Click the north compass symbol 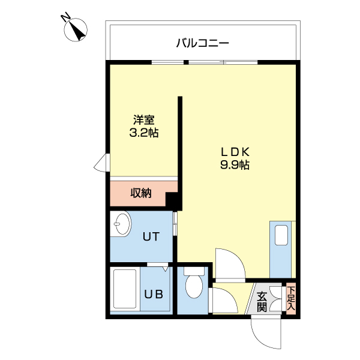point(76,29)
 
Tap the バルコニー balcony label point(203,43)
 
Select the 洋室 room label point(144,119)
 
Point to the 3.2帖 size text point(144,133)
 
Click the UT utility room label point(150,236)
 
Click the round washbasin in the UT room point(122,225)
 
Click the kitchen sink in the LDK point(281,235)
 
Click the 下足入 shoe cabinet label point(291,298)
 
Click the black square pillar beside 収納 point(173,200)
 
